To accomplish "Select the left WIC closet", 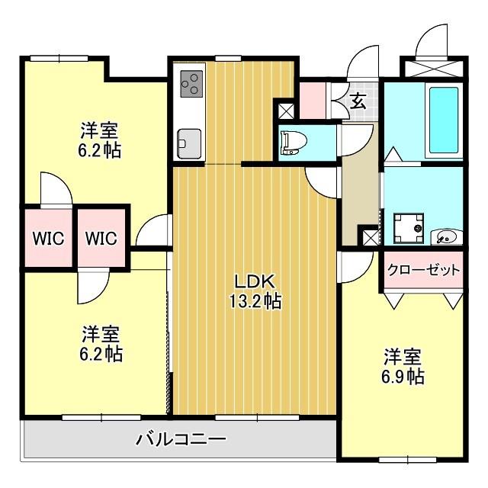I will coord(47,238).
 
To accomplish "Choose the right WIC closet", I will coord(101,238).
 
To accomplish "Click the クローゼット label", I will coord(424,270).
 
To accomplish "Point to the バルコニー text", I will coord(181,439).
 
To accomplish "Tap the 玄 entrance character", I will coord(358,99).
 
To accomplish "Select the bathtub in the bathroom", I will coord(443,120).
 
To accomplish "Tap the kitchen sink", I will coord(189,142).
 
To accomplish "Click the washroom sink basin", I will coord(445,237).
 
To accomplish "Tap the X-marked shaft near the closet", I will coord(370,237).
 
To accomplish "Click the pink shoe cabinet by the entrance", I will coord(313,99).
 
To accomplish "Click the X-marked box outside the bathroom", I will coord(432,66).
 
